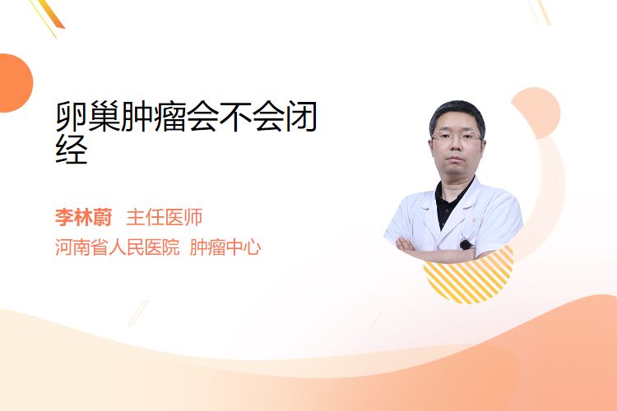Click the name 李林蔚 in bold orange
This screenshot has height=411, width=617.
(83, 217)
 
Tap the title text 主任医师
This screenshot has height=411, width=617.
(164, 217)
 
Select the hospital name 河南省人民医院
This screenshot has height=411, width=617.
(117, 247)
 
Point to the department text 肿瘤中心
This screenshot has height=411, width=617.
(225, 247)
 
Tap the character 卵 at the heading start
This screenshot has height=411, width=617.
(72, 117)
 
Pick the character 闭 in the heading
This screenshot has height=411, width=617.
(300, 117)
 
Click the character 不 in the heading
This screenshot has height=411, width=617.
(235, 117)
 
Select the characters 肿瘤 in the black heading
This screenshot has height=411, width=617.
(154, 117)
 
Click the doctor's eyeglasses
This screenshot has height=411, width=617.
(457, 137)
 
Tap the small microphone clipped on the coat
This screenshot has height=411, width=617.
(466, 245)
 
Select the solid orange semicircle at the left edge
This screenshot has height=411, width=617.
(15, 83)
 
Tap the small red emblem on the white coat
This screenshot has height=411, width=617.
(474, 220)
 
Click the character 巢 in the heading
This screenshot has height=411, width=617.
(104, 117)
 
